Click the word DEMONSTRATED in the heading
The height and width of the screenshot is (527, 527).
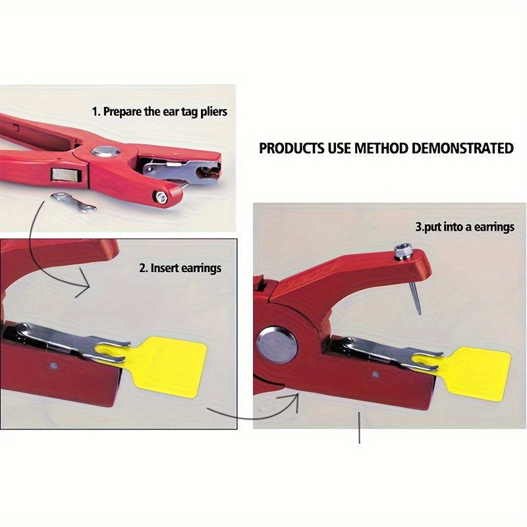[x=462, y=148]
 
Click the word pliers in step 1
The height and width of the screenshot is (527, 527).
[x=214, y=112]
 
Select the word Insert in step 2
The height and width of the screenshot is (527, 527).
[x=164, y=268]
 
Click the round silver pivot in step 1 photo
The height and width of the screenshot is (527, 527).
[x=106, y=152]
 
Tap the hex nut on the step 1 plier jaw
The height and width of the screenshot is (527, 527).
[x=161, y=198]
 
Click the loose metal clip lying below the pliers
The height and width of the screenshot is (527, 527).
[x=74, y=202]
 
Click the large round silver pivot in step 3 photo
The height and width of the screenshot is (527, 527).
[x=277, y=345]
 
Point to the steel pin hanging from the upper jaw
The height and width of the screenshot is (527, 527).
[x=415, y=298]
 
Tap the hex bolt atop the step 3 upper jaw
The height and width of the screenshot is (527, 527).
[x=402, y=252]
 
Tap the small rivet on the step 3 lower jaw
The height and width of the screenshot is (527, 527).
[x=375, y=374]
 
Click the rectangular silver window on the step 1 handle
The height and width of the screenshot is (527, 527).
[x=67, y=175]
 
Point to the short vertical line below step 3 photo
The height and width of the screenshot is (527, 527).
[x=359, y=428]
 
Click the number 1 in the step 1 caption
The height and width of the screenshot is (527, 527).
[x=95, y=111]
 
